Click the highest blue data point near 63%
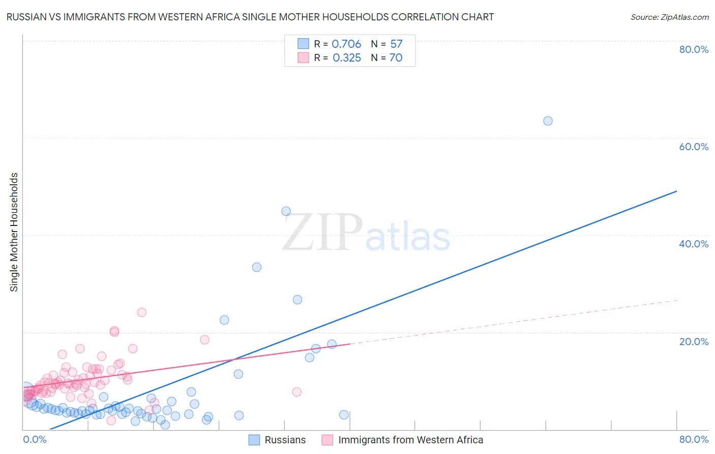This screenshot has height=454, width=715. coord(548,121)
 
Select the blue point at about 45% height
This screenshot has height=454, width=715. coord(286,211)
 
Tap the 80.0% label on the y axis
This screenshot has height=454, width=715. coord(694,49)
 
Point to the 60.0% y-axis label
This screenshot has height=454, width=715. coord(694,147)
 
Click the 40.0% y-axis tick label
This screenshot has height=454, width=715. coord(694,244)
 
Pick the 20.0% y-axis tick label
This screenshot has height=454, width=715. coord(694,342)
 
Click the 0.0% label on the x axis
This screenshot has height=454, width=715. coord(35,439)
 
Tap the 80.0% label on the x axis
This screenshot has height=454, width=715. coord(694,439)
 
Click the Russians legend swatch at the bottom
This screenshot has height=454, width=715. coord(254,440)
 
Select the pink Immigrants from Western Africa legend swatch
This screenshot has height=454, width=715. coord(327,440)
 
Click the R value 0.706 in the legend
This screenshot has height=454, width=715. coord(346,44)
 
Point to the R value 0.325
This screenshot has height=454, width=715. coord(346,58)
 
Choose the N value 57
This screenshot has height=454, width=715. coord(396,44)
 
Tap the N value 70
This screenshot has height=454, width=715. coord(396,58)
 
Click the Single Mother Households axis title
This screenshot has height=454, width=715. coord(14,232)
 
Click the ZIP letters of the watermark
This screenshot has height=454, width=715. coord(322,233)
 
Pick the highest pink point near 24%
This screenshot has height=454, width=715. coord(142,312)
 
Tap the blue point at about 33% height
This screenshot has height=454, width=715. coord(257,267)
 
